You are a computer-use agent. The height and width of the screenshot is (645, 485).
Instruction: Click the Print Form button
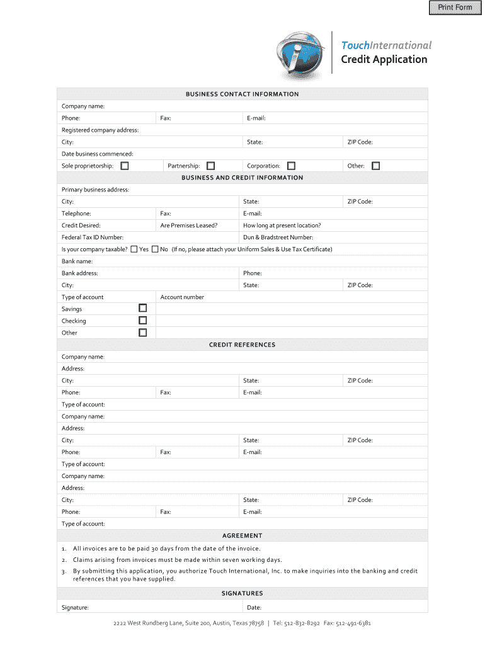tap(455, 8)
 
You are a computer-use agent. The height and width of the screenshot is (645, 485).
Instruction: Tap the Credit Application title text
tap(384, 60)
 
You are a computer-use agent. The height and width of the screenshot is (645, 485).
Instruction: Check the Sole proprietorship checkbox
tap(125, 166)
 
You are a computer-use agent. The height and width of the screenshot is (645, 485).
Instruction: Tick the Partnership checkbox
tap(210, 166)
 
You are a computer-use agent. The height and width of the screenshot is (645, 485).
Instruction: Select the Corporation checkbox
tap(291, 166)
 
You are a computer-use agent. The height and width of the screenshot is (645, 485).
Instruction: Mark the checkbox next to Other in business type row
tap(376, 166)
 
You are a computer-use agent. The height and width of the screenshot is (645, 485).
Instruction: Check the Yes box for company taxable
tap(134, 249)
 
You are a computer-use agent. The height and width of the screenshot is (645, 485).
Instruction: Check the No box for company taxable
tap(155, 249)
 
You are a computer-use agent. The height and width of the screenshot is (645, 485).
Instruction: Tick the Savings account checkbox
tap(143, 309)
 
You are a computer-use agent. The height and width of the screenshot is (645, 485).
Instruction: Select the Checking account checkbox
tap(143, 321)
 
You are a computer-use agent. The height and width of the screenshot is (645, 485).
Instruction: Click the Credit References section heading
tap(242, 345)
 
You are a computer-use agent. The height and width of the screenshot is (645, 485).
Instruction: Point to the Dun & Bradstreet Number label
tap(278, 237)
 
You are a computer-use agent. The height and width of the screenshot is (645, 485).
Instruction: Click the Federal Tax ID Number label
tap(92, 237)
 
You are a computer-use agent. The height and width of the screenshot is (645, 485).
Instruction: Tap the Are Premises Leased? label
tap(189, 225)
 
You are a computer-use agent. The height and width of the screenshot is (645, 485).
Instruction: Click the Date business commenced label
tap(97, 154)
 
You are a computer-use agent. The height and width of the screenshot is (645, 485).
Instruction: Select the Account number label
tap(182, 297)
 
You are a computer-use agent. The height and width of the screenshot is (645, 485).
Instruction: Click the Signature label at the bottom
tap(75, 608)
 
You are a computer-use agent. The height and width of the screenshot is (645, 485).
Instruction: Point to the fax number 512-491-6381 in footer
tap(354, 624)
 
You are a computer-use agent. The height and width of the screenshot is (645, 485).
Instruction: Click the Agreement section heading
tap(242, 536)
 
